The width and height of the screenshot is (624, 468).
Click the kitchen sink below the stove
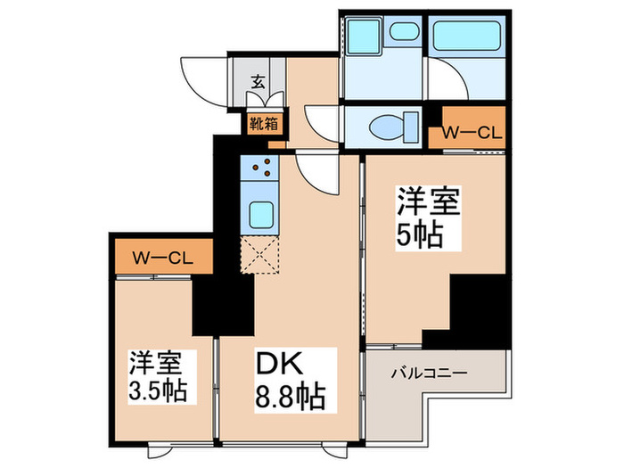261,215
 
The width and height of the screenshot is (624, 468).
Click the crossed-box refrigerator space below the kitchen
261,256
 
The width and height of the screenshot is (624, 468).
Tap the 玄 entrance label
257,81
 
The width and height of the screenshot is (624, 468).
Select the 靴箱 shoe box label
264,122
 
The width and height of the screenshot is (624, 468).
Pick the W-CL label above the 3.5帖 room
163,259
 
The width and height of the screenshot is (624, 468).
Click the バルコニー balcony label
430,374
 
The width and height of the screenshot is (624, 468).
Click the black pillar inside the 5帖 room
475,307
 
